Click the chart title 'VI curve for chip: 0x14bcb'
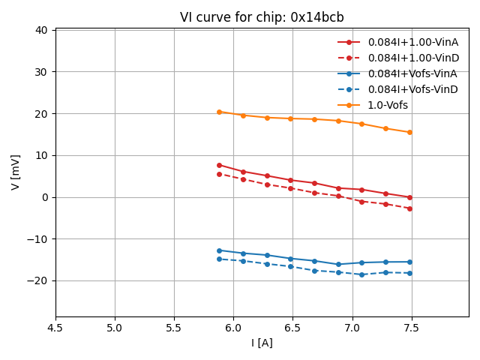pyautogui.click(x=262, y=17)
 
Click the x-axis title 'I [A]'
pyautogui.click(x=262, y=343)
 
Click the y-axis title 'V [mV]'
pyautogui.click(x=16, y=172)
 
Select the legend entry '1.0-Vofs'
pyautogui.click(x=388, y=105)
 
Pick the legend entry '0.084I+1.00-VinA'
pyautogui.click(x=412, y=42)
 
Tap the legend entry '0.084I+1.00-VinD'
pyautogui.click(x=412, y=58)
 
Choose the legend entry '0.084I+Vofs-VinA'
pyautogui.click(x=412, y=73)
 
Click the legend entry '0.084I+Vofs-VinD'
pyautogui.click(x=412, y=89)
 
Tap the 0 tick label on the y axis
pyautogui.click(x=44, y=197)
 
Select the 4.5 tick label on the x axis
pyautogui.click(x=55, y=328)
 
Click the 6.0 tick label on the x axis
pyautogui.click(x=233, y=328)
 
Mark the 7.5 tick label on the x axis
pyautogui.click(x=411, y=328)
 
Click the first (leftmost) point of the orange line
pyautogui.click(x=219, y=112)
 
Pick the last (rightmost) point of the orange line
pyautogui.click(x=409, y=133)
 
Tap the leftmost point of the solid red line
pyautogui.click(x=219, y=165)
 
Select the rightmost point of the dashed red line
pyautogui.click(x=409, y=208)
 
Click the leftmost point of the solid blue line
pyautogui.click(x=219, y=250)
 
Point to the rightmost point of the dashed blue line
pyautogui.click(x=409, y=273)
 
